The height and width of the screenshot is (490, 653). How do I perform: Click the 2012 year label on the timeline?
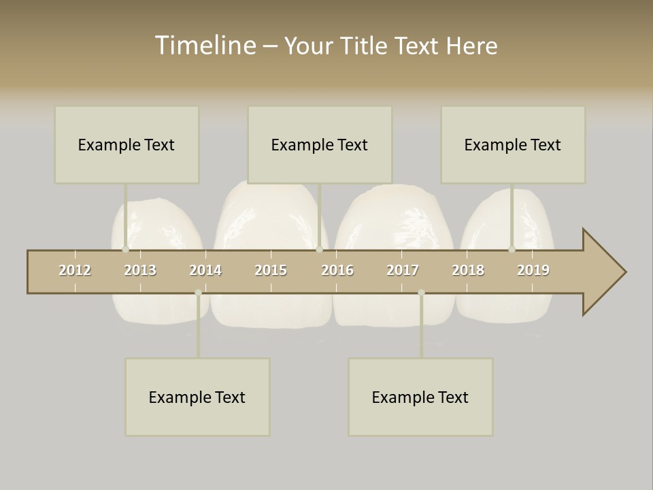[x=75, y=270]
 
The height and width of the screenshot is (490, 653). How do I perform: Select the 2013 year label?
[x=140, y=270]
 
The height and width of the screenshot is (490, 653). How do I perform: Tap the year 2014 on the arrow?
[x=205, y=270]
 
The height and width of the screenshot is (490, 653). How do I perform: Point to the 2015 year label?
[x=271, y=270]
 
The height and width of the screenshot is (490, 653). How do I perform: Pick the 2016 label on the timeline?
[x=337, y=270]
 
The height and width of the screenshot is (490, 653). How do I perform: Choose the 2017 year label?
[x=403, y=270]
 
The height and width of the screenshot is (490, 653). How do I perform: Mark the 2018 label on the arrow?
[x=468, y=270]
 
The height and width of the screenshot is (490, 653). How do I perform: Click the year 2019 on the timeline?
[x=533, y=270]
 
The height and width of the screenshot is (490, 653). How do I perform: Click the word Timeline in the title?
[x=205, y=46]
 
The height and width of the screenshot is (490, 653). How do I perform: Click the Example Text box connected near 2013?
[x=127, y=145]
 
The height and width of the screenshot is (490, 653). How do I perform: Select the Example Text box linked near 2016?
[x=320, y=145]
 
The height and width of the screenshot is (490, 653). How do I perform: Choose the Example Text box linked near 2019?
[x=513, y=145]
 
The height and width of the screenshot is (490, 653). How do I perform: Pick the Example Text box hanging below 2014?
[x=197, y=397]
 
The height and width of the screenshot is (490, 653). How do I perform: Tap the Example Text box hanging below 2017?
[x=420, y=397]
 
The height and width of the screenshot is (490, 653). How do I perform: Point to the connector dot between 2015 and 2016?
[x=320, y=249]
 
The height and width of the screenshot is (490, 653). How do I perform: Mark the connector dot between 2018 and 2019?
[x=512, y=249]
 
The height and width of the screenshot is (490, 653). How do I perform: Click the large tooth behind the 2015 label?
[x=271, y=218]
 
